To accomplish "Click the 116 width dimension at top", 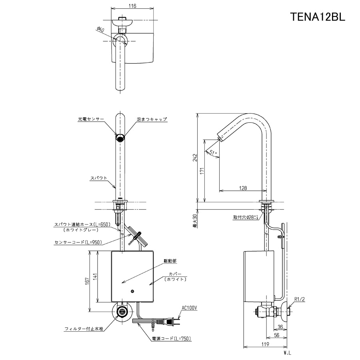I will tap(133, 6).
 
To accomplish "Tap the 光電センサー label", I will tap(91, 119).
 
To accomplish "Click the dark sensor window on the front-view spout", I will tap(120, 138).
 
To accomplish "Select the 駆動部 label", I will tap(170, 260).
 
